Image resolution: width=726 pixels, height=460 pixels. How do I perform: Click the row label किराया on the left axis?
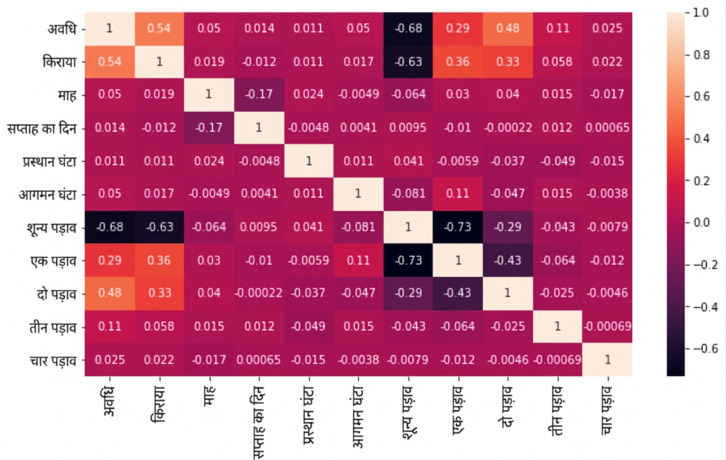tap(60, 61)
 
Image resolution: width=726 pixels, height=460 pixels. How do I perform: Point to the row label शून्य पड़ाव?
tap(52, 228)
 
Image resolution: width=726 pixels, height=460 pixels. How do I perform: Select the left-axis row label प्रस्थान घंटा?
tap(50, 161)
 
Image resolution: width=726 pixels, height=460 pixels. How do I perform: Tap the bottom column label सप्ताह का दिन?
tap(259, 422)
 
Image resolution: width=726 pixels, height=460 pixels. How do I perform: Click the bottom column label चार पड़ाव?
tap(608, 410)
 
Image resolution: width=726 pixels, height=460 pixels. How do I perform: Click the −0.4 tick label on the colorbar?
tap(705, 307)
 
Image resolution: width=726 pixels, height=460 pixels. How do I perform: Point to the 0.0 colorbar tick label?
tap(702, 223)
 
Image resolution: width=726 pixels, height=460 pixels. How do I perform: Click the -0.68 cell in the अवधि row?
tap(408, 29)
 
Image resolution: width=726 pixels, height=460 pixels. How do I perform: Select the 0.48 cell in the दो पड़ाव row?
tap(110, 293)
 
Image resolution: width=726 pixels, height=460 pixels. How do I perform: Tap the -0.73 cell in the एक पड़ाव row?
tap(408, 260)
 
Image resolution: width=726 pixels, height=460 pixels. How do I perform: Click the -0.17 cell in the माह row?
tap(259, 94)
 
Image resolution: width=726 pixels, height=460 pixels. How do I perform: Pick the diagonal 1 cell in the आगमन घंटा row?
tap(358, 194)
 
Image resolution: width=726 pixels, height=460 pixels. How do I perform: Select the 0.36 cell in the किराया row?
tap(458, 61)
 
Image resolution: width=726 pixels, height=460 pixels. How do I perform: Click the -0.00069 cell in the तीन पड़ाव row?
tap(607, 326)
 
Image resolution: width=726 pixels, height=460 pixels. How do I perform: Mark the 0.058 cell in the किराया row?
tap(557, 61)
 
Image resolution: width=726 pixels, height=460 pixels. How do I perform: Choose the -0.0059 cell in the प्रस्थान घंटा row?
tap(458, 161)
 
